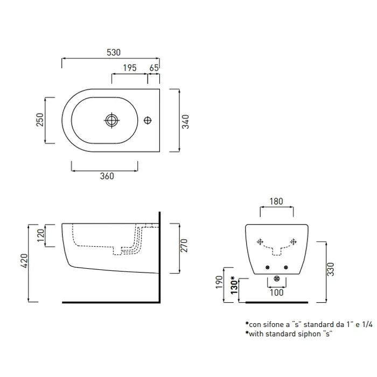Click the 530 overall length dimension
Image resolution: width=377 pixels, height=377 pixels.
[113, 53]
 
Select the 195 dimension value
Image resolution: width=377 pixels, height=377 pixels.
[129, 68]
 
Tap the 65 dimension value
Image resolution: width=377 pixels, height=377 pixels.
[153, 68]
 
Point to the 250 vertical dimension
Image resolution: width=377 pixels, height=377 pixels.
[39, 120]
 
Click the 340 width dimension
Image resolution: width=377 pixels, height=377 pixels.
[185, 121]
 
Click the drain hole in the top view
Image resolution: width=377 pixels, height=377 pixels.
[111, 120]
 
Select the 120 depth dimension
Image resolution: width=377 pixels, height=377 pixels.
[39, 235]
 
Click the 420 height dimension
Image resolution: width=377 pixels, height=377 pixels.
[21, 262]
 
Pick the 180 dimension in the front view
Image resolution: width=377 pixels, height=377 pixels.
[276, 201]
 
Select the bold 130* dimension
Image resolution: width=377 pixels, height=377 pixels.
[233, 284]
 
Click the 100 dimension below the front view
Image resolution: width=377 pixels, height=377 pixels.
[276, 292]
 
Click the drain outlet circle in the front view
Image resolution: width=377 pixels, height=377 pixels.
[276, 279]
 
